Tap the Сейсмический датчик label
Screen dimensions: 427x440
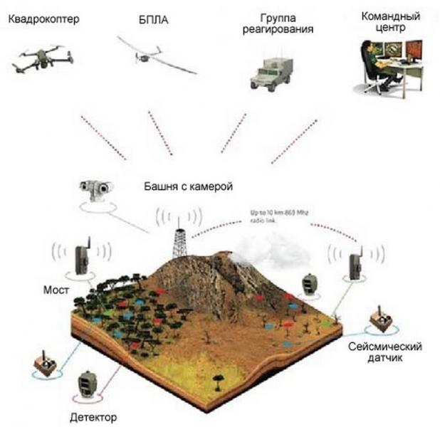385,352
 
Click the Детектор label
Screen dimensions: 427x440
93,416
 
